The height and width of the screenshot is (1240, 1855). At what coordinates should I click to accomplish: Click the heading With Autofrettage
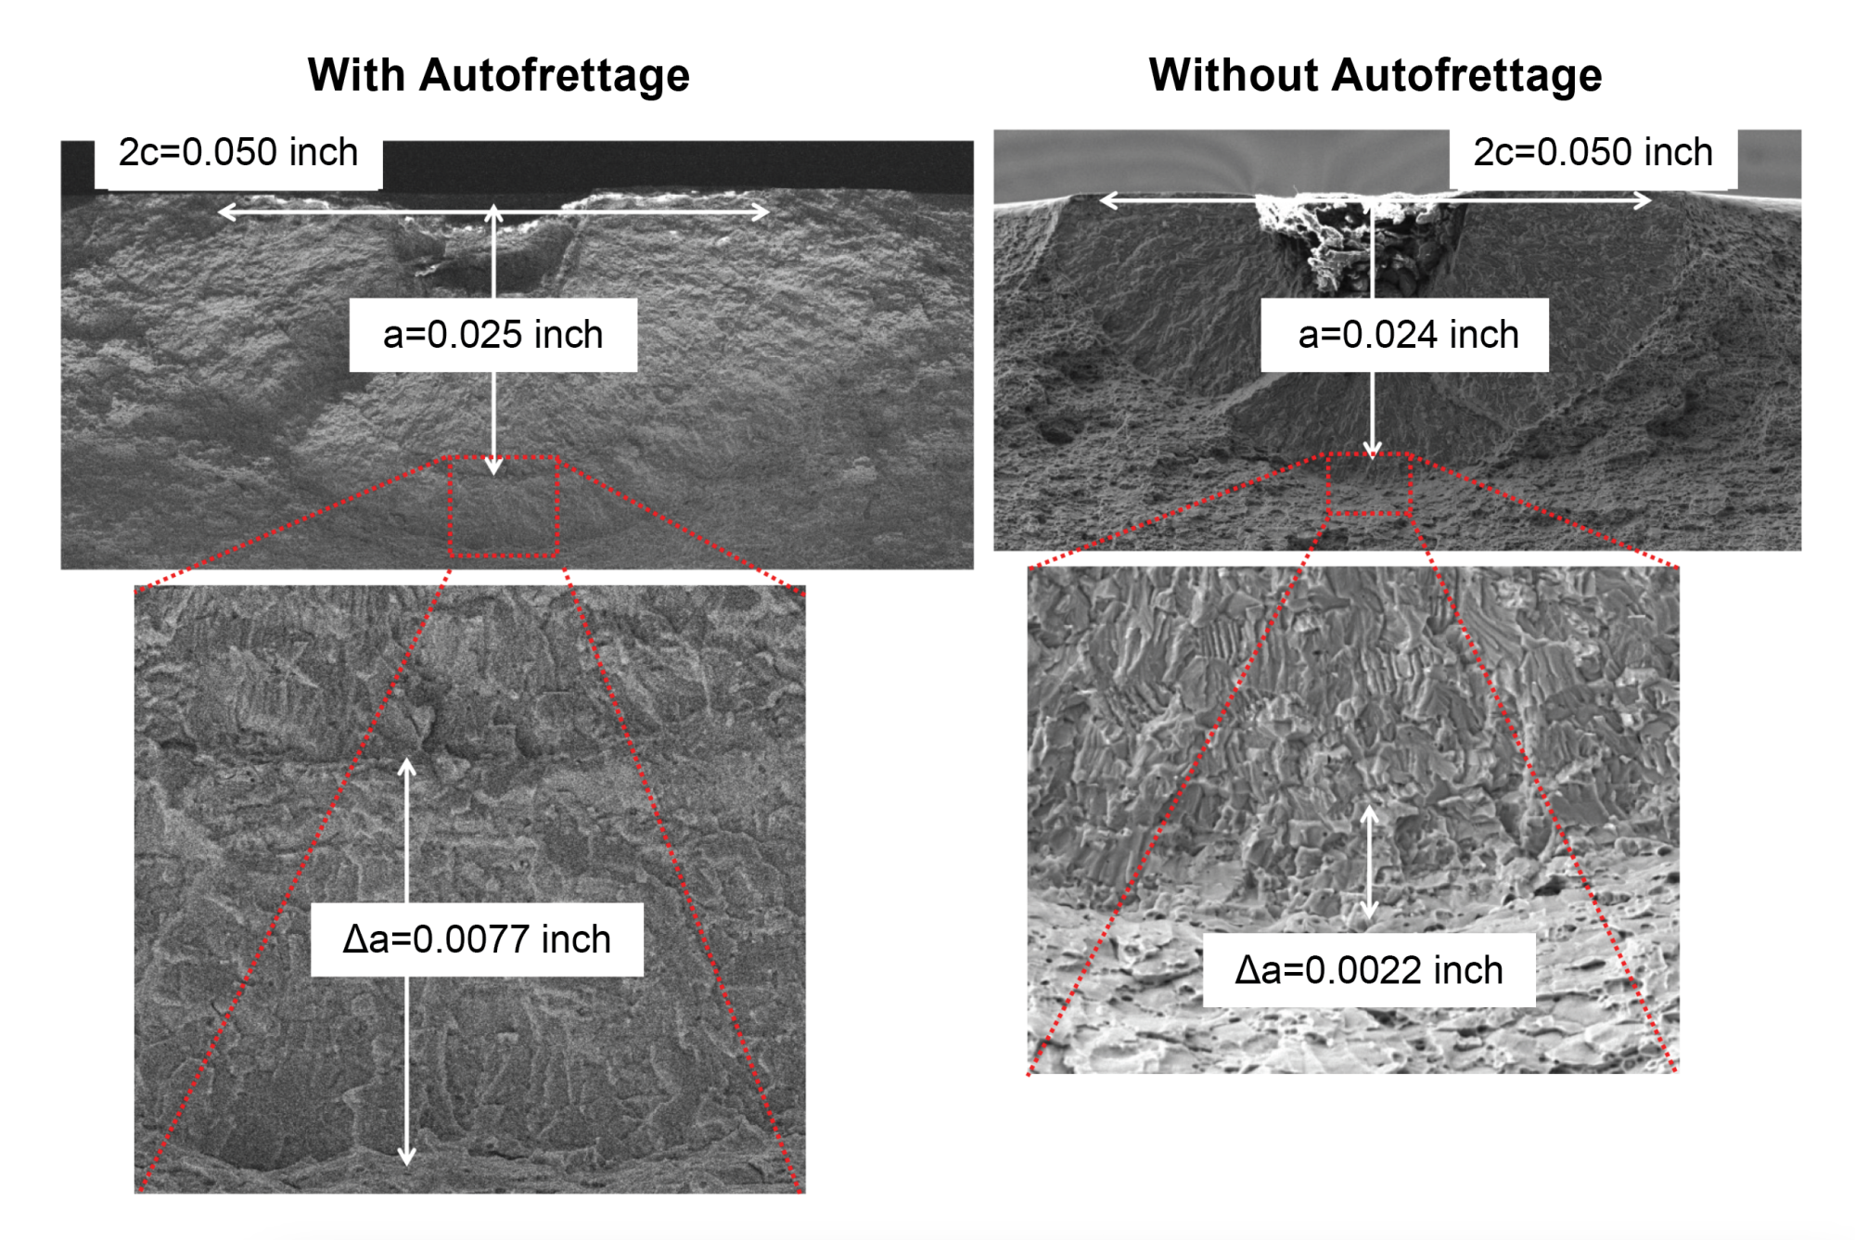tap(498, 75)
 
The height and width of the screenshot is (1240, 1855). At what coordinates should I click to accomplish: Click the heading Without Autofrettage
tap(1375, 75)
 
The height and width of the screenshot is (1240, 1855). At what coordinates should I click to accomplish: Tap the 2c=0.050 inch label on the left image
tap(238, 153)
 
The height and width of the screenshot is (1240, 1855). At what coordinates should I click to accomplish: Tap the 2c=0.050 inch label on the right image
tap(1593, 153)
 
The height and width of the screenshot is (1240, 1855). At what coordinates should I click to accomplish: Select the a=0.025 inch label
tap(493, 335)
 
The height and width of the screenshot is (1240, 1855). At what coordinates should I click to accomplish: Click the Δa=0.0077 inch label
tap(477, 940)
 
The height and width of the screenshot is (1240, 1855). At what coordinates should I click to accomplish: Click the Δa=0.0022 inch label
tap(1368, 970)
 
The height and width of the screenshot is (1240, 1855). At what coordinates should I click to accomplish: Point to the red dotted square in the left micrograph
tap(504, 506)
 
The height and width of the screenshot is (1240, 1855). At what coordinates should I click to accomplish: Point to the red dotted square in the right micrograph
tap(1369, 484)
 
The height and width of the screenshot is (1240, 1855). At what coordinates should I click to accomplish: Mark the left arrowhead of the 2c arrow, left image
tap(224, 212)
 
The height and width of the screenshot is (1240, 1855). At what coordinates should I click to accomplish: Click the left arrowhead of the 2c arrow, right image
tap(1105, 199)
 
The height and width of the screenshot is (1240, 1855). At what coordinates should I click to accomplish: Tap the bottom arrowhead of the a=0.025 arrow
tap(493, 468)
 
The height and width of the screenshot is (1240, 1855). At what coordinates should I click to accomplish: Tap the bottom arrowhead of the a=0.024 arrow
tap(1372, 452)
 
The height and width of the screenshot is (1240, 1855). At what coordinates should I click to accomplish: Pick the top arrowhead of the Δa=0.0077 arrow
tap(406, 765)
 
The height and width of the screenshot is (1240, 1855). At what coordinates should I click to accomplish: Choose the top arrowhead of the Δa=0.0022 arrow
tap(1369, 813)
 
